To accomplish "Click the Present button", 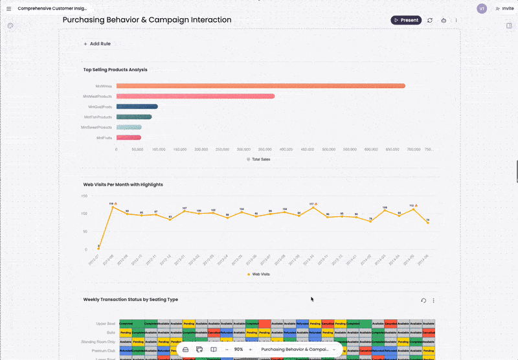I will click(406, 20).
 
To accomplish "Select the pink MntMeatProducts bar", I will click(195, 96).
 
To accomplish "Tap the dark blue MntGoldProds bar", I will click(137, 107).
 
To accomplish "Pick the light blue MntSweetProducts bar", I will click(129, 128).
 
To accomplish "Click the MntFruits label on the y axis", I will click(104, 138).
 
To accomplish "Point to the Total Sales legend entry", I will click(260, 159).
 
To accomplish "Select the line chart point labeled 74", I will click(427, 222).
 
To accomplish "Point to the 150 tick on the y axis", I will click(85, 196).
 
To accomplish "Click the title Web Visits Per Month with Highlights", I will click(123, 185).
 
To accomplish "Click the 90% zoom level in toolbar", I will click(238, 350).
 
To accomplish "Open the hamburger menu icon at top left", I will click(8, 9).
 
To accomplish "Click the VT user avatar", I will click(481, 8).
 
